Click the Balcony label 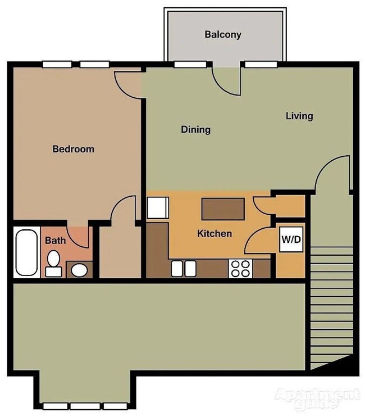[223, 35]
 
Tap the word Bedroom [73, 149]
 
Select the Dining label [195, 130]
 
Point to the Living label [299, 116]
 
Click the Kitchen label [215, 233]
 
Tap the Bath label [55, 241]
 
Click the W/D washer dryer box [291, 239]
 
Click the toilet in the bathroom [53, 263]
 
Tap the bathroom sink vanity [79, 270]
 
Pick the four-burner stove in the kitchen [240, 269]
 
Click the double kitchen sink [184, 268]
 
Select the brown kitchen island [223, 209]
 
